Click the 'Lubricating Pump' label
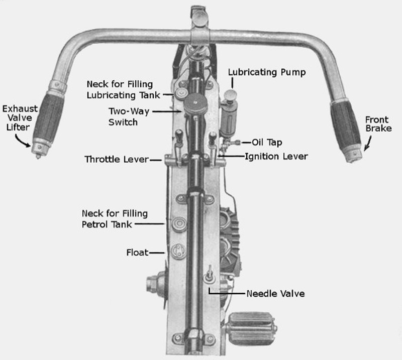point(267,72)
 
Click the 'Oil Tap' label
point(267,143)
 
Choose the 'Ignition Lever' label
point(276,157)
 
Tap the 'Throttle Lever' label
point(117,160)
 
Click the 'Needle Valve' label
point(275,293)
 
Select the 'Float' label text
point(137,252)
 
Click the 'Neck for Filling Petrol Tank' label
point(115,219)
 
